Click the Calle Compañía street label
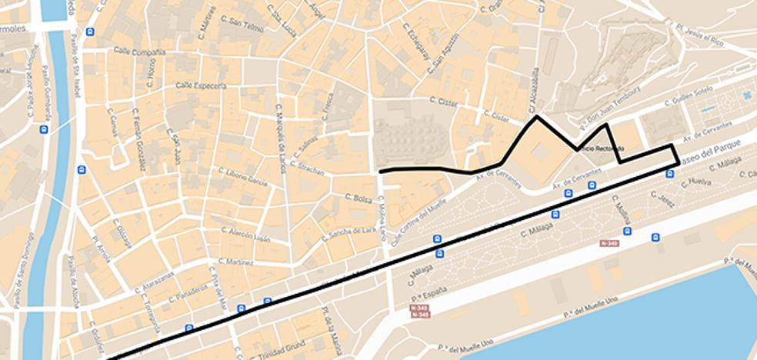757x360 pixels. [139, 52]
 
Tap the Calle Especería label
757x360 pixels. [201, 85]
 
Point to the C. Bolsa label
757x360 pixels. [358, 198]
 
